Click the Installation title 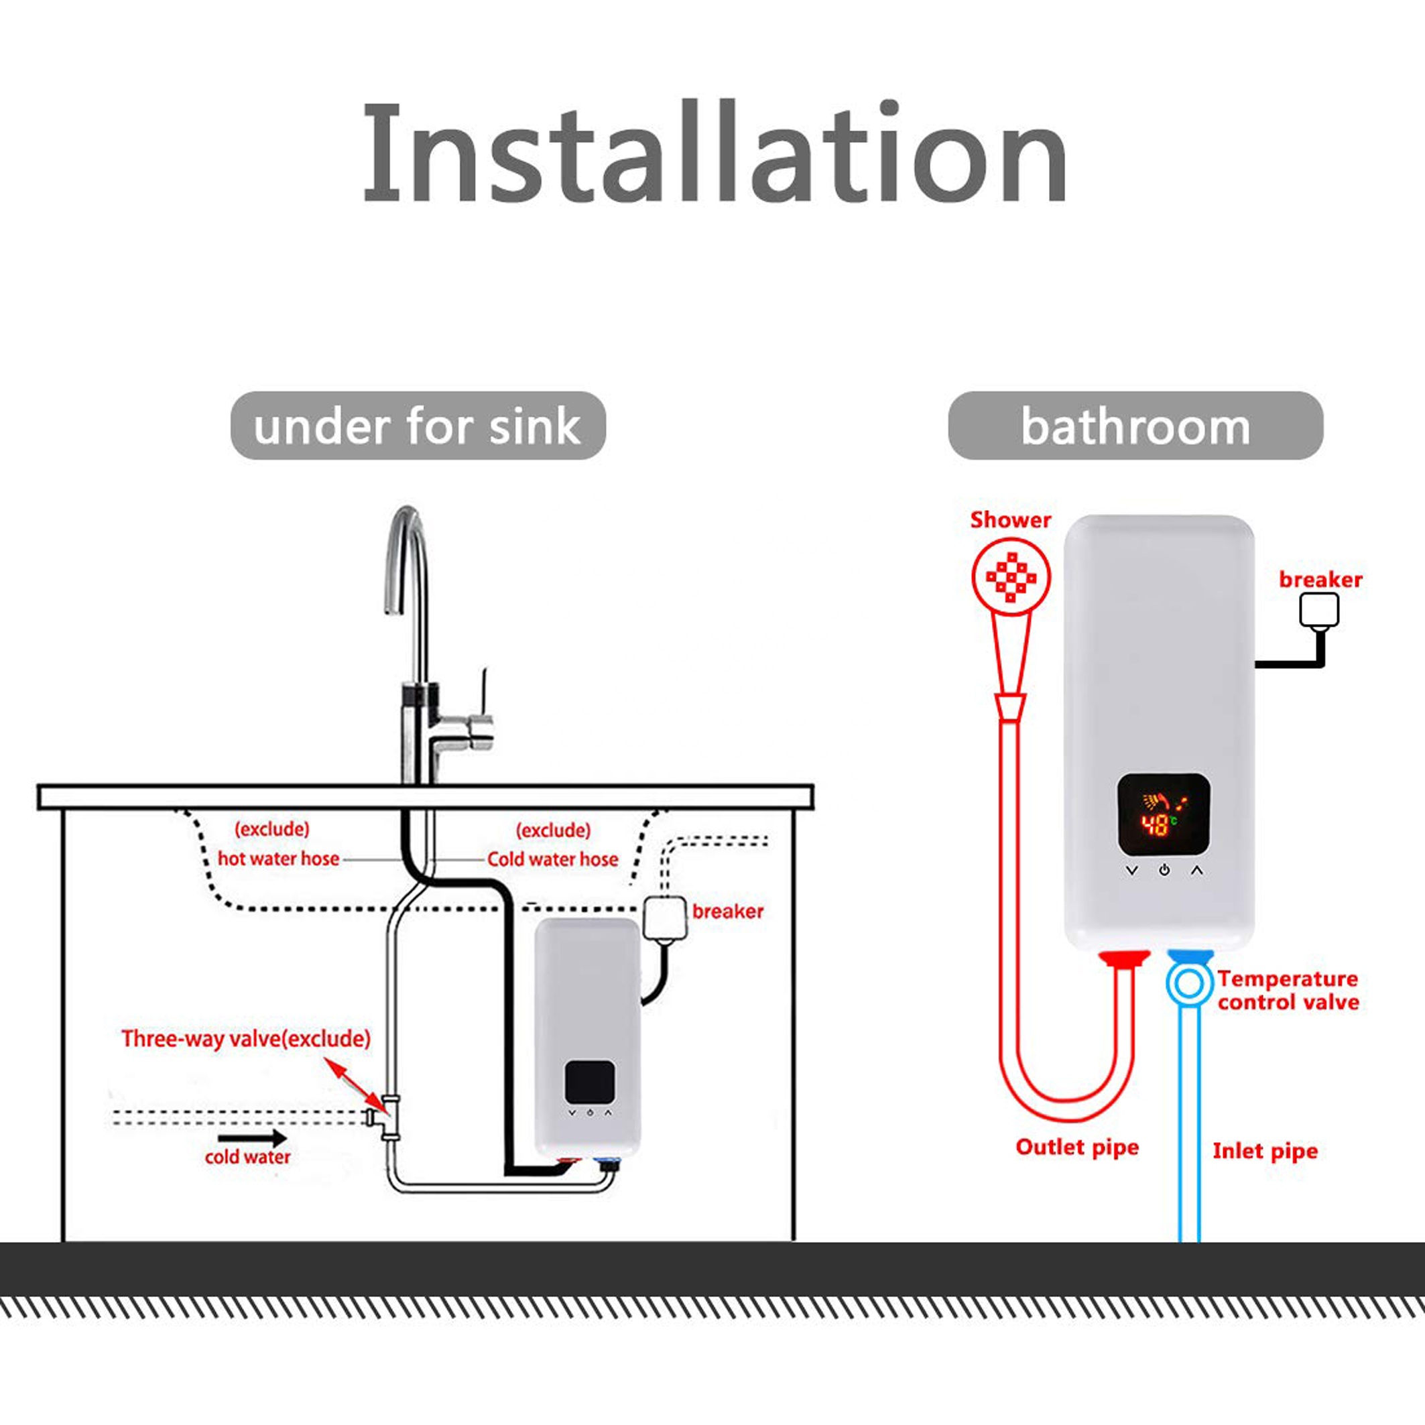tap(714, 153)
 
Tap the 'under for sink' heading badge tap(418, 426)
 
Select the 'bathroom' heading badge tap(1135, 426)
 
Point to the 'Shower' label tap(1011, 520)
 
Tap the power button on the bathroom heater tap(1164, 870)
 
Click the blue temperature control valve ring tap(1189, 983)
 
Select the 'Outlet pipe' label tap(1077, 1148)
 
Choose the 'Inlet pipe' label tap(1265, 1152)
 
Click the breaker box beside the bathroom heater tap(1319, 611)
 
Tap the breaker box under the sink tap(666, 918)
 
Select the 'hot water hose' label tap(278, 859)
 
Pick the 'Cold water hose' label tap(552, 859)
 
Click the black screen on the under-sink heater tap(590, 1082)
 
